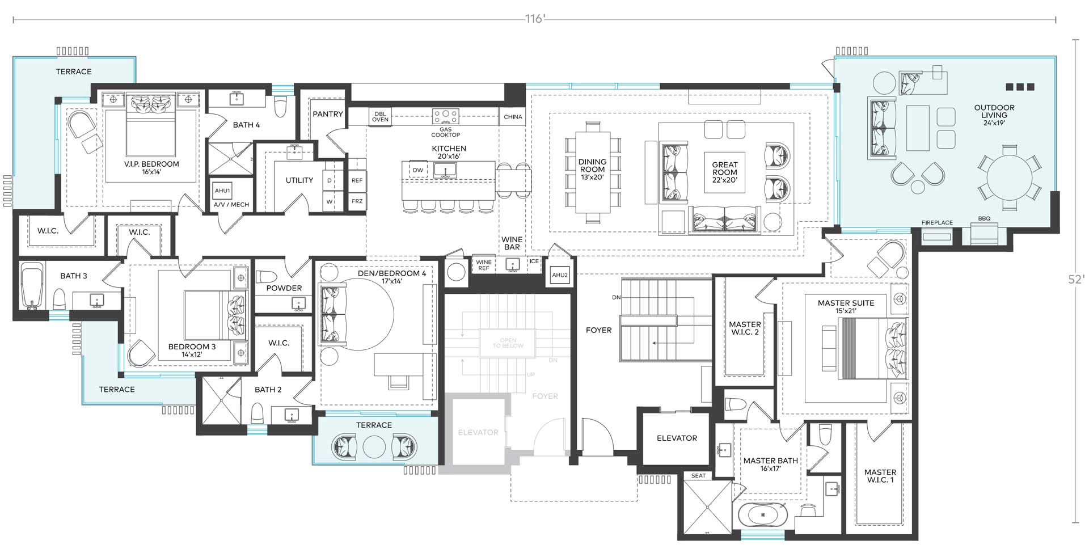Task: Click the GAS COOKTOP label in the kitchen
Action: click(x=445, y=132)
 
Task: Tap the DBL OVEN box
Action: click(x=380, y=117)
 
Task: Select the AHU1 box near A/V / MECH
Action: click(x=222, y=191)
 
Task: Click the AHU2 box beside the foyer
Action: click(x=560, y=275)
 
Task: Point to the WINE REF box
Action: click(x=484, y=265)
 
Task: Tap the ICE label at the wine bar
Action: click(x=534, y=261)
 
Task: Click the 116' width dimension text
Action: click(x=535, y=19)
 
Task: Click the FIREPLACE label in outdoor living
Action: click(x=937, y=223)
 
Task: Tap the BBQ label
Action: click(x=984, y=219)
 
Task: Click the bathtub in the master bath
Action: click(x=763, y=515)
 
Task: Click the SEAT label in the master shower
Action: click(x=698, y=476)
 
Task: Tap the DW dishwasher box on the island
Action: click(x=418, y=170)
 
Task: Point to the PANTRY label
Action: click(x=328, y=114)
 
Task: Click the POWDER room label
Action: click(x=284, y=288)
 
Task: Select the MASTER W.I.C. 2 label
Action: click(x=745, y=328)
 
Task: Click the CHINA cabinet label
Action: click(x=513, y=117)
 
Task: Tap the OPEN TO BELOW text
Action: click(x=508, y=343)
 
